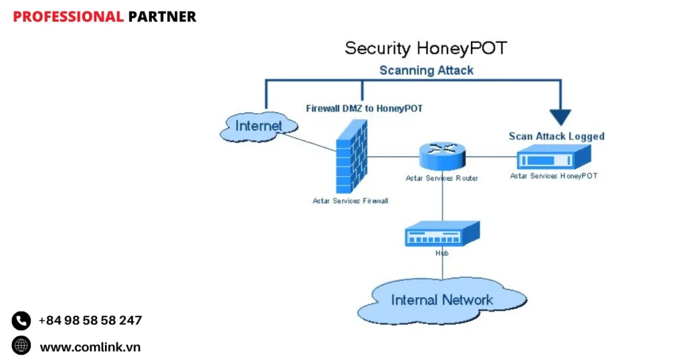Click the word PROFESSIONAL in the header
click(x=68, y=17)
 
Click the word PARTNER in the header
click(x=162, y=17)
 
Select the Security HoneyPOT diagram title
click(x=425, y=48)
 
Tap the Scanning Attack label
click(x=426, y=70)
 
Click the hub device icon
click(x=442, y=234)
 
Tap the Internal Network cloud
click(x=442, y=300)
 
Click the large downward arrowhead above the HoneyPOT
click(x=560, y=116)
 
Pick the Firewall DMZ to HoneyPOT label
click(x=364, y=108)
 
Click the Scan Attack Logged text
click(x=556, y=137)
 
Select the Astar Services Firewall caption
click(x=350, y=200)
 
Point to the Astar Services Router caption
click(x=442, y=179)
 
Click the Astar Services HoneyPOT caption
click(x=553, y=176)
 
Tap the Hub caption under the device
click(x=442, y=253)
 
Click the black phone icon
click(x=21, y=321)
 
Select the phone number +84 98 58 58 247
click(x=90, y=321)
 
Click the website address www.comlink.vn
click(x=90, y=347)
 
